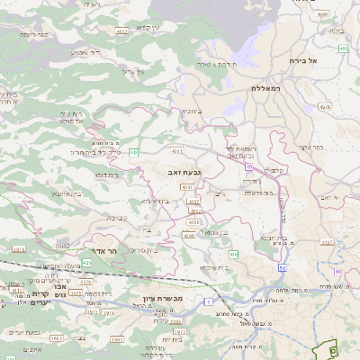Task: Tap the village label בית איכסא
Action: [x=212, y=267]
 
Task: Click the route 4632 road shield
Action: [x=121, y=31]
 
